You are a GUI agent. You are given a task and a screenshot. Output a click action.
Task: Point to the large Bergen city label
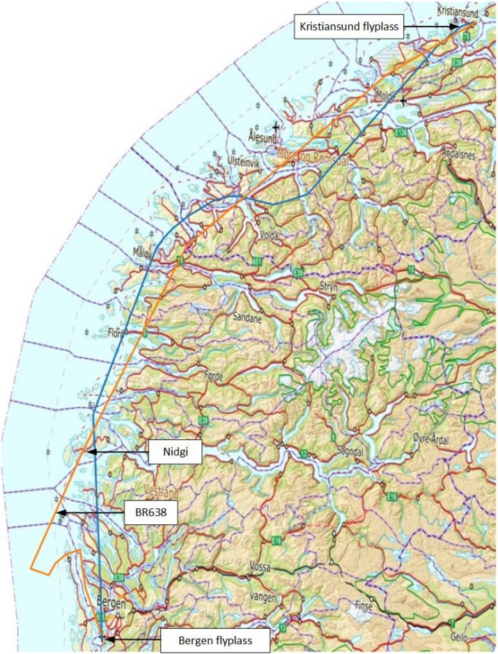click(x=112, y=604)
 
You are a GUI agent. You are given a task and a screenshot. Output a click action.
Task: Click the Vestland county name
click(x=161, y=489)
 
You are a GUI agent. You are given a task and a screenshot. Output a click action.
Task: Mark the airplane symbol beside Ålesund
click(x=277, y=127)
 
